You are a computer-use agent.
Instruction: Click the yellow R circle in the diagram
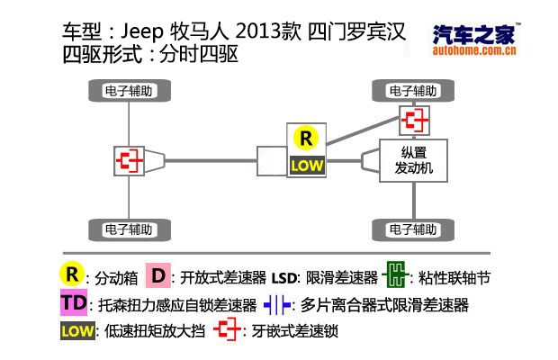point(306,138)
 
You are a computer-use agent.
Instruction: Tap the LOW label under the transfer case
point(306,166)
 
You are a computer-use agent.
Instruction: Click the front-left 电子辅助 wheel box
point(131,91)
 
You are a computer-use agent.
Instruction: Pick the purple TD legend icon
point(75,303)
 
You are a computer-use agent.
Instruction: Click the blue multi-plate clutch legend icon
point(279,304)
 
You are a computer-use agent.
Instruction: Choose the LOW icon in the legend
point(76,330)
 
